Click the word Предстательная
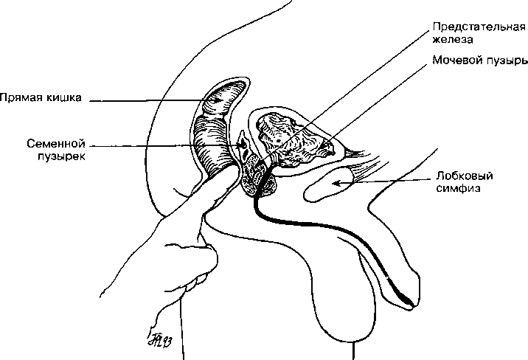tap(479, 27)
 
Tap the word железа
tap(453, 39)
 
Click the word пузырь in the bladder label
tap(506, 61)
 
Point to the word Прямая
tap(21, 97)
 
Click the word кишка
tap(64, 97)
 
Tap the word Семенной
tap(56, 144)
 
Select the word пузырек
tap(61, 156)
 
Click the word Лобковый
tap(465, 176)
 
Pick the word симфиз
tap(458, 188)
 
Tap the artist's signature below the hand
tap(159, 339)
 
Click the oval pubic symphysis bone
tap(328, 184)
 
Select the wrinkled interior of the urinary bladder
tap(293, 142)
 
